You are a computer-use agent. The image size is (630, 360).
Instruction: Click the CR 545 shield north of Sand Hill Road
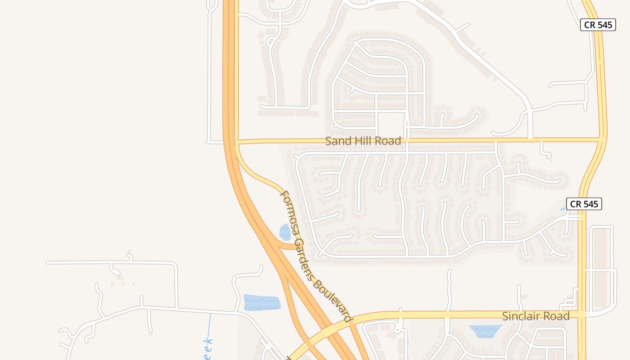(597, 25)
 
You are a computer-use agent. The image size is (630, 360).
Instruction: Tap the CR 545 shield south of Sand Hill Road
(584, 204)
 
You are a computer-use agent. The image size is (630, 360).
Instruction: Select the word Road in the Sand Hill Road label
(387, 141)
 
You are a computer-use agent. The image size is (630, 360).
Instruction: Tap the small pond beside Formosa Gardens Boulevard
(285, 232)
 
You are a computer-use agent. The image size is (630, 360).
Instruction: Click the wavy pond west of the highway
(261, 302)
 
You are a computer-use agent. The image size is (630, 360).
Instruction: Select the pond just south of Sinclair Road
(485, 331)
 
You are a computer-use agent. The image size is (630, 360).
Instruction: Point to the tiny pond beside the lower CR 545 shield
(562, 209)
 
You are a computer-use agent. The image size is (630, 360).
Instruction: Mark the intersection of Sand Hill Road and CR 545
(601, 139)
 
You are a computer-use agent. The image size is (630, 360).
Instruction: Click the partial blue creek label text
(207, 349)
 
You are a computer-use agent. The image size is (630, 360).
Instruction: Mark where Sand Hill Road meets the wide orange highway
(230, 142)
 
